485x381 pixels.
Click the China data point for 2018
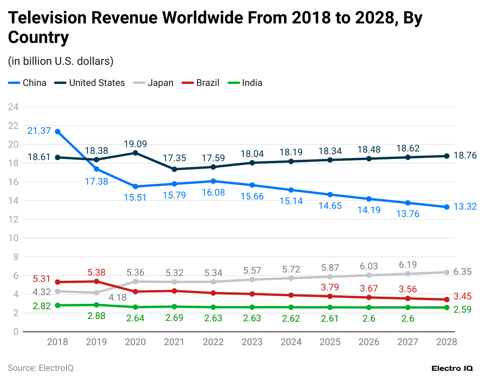[57, 132]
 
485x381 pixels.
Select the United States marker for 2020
[135, 153]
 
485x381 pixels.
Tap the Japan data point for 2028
[447, 272]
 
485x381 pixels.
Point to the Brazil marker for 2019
[97, 281]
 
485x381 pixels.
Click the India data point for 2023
[252, 307]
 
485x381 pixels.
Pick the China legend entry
[27, 83]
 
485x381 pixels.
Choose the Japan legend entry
[153, 83]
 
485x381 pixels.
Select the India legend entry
[245, 83]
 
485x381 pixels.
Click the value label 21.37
[39, 131]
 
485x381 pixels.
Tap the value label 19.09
[135, 144]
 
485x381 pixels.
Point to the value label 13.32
[465, 207]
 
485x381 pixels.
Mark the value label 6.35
[462, 272]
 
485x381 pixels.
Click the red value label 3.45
[462, 296]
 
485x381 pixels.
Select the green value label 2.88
[96, 316]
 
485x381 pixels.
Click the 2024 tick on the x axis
[291, 342]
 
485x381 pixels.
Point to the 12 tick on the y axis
[13, 219]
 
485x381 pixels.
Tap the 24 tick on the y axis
[13, 107]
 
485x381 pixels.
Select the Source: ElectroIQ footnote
[41, 368]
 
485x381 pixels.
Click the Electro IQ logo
[452, 368]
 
